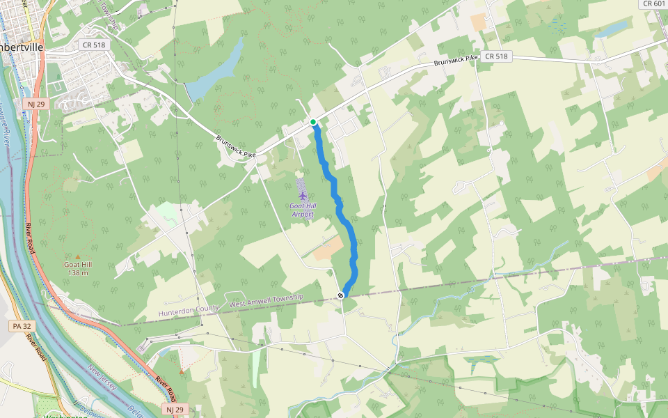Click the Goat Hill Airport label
[302, 210]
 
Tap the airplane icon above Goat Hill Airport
[302, 196]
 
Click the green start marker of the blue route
[313, 122]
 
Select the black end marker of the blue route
[341, 295]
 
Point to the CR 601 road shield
[653, 3]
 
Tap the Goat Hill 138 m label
[78, 268]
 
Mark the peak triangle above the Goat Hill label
[78, 257]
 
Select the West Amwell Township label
[267, 300]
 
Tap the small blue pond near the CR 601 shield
[611, 29]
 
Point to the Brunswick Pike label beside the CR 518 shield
[456, 61]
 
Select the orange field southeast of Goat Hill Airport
[327, 249]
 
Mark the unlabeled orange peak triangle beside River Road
[182, 371]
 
